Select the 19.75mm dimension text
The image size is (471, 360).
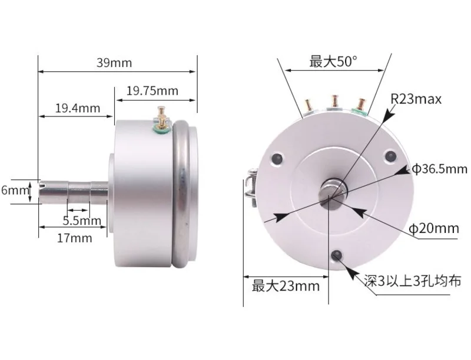pos(152,91)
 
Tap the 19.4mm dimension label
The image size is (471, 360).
pos(77,108)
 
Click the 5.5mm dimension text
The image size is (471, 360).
pos(82,221)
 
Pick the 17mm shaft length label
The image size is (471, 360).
pos(74,238)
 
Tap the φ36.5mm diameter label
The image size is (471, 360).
pos(439,169)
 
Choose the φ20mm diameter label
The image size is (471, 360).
pos(434,228)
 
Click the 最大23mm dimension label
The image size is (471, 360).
pos(286,286)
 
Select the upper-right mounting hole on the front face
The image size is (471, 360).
pos(389,155)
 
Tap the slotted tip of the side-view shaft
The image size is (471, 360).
pos(42,191)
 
